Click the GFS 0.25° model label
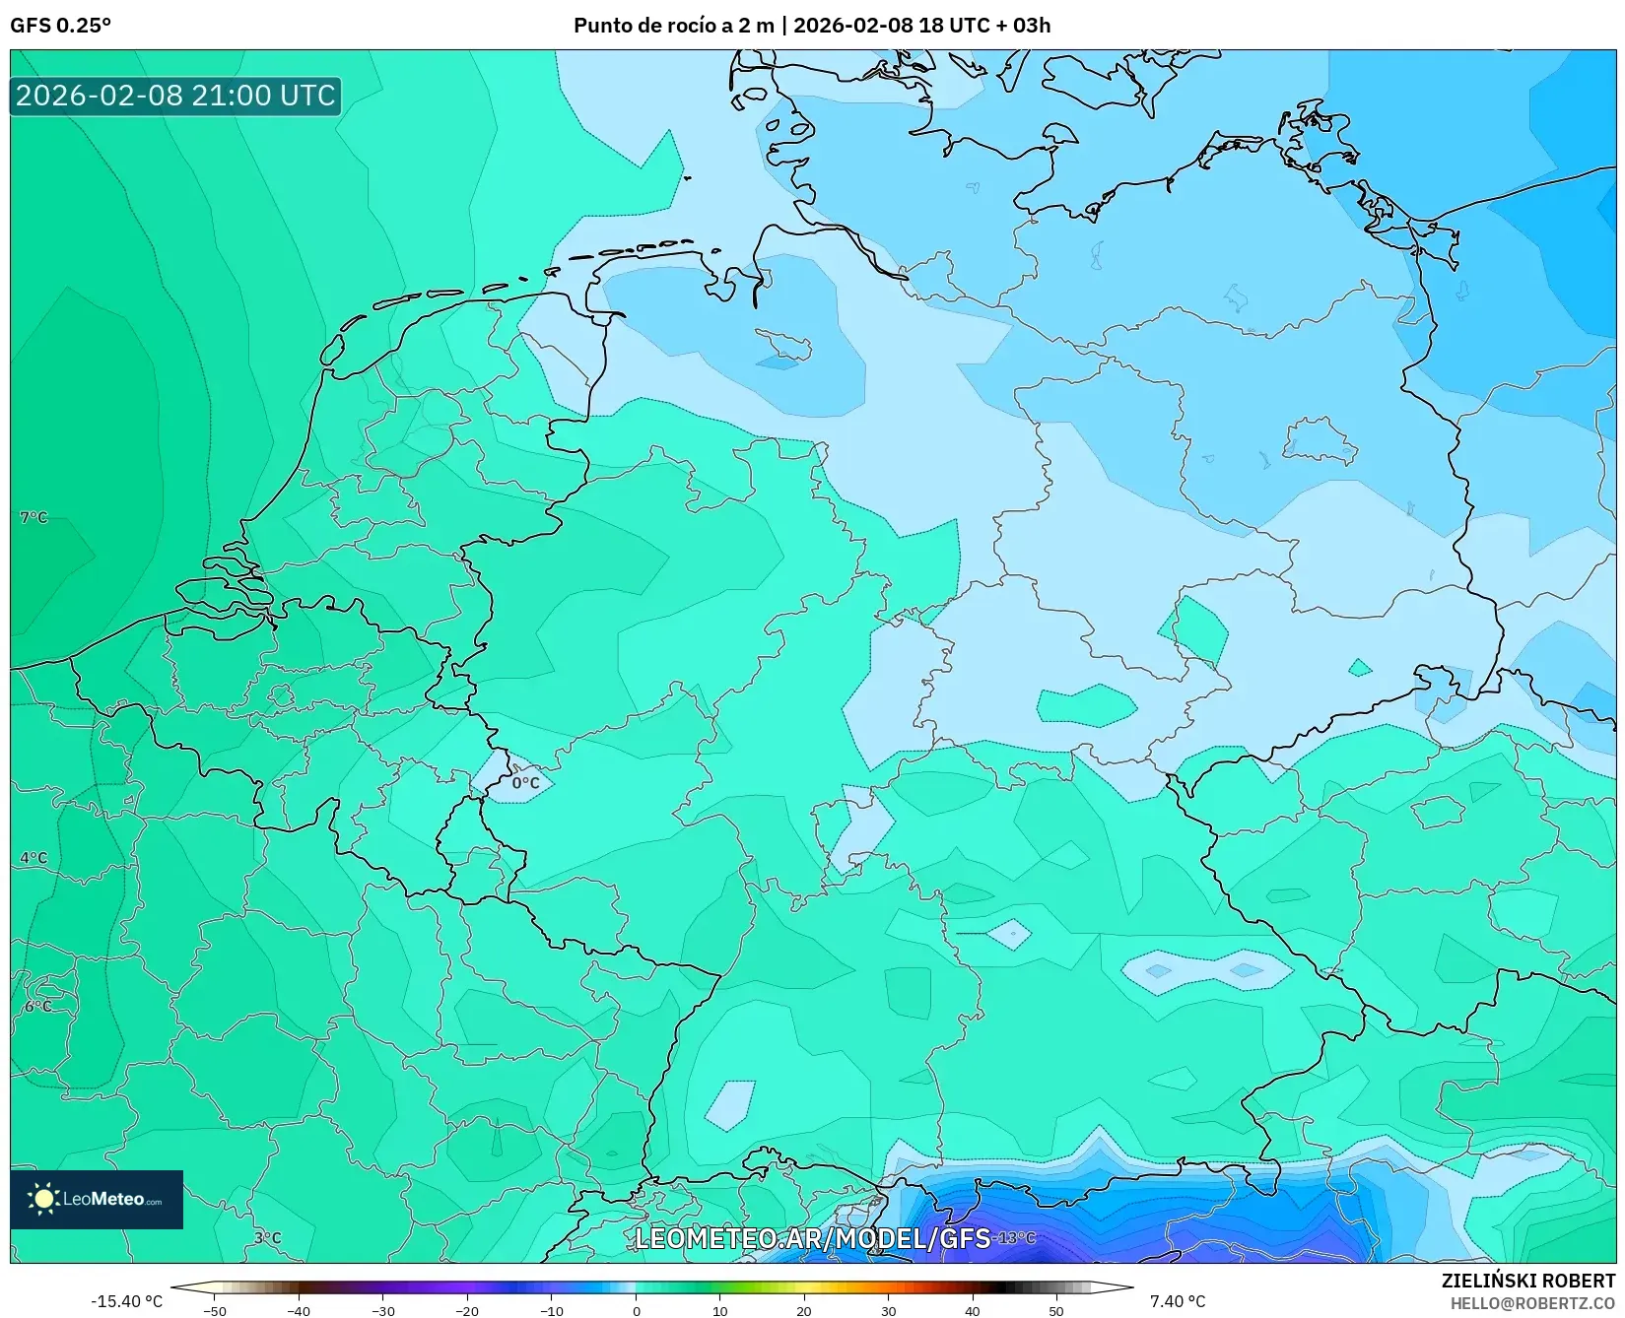tap(60, 26)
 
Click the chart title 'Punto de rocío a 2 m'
tap(674, 26)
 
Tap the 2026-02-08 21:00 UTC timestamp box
tap(175, 96)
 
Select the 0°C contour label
tap(525, 783)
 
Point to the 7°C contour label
tap(34, 517)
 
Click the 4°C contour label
tap(34, 857)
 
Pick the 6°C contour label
tap(37, 1006)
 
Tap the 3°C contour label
tap(267, 1238)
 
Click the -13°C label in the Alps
tap(1014, 1238)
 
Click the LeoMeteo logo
tap(97, 1199)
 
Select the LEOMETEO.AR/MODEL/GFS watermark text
tap(812, 1238)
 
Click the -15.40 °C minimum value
tap(126, 1301)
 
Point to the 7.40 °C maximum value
tap(1177, 1301)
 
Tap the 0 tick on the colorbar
tap(636, 1311)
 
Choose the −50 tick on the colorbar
tap(214, 1311)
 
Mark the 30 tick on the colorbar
tap(888, 1311)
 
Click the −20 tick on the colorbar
tap(467, 1311)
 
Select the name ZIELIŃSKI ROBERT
tap(1528, 1281)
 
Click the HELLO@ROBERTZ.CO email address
tap(1532, 1303)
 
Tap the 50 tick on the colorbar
tap(1056, 1311)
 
